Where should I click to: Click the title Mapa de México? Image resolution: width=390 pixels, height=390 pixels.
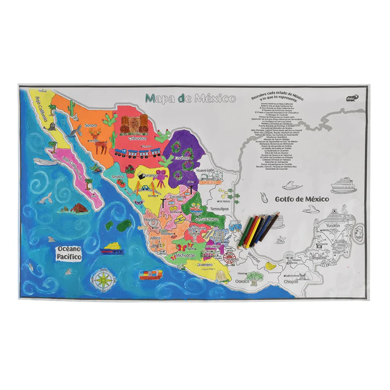pyautogui.click(x=190, y=99)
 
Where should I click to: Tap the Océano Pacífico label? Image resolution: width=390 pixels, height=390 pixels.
pyautogui.click(x=69, y=253)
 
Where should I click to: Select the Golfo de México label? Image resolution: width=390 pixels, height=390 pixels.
pyautogui.click(x=302, y=199)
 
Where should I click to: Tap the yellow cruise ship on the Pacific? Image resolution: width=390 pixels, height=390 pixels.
pyautogui.click(x=112, y=249)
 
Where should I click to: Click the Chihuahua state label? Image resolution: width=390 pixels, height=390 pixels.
pyautogui.click(x=137, y=139)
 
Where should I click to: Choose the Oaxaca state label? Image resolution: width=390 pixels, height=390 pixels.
pyautogui.click(x=242, y=282)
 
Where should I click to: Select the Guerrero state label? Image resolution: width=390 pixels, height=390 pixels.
pyautogui.click(x=207, y=264)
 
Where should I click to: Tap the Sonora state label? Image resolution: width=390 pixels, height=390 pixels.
pyautogui.click(x=91, y=125)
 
